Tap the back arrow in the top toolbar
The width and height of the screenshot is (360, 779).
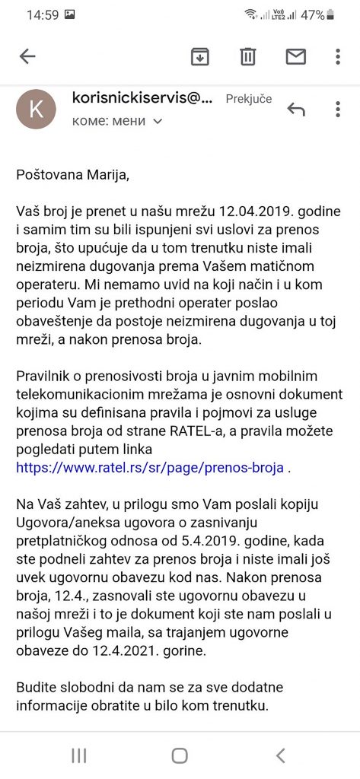point(27,56)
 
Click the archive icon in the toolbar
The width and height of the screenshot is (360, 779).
point(200,56)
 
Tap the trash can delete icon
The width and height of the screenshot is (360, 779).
point(248,56)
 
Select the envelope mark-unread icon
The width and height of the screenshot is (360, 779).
point(295,56)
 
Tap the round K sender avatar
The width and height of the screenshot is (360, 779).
point(36,109)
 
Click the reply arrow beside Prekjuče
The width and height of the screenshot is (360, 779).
point(296,110)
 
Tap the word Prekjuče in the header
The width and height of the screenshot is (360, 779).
point(249,99)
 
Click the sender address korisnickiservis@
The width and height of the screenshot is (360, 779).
point(142,98)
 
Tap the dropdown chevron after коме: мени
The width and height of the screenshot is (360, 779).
point(158,122)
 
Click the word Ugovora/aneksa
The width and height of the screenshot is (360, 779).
point(65,523)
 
